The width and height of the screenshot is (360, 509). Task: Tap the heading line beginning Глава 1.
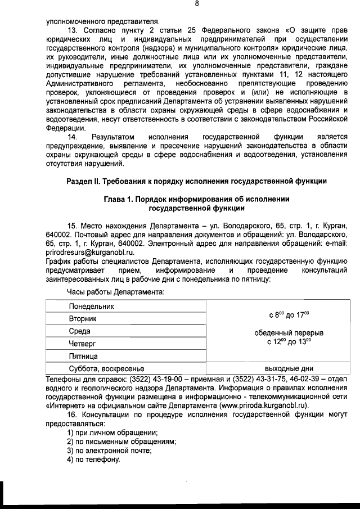click(196, 200)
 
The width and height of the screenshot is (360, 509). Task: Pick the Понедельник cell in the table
click(91, 307)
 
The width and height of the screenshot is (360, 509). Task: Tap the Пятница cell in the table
click(83, 357)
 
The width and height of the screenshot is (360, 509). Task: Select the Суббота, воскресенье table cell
click(106, 369)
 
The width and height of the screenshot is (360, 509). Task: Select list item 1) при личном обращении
click(112, 433)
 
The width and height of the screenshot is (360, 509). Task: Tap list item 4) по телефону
click(93, 460)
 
